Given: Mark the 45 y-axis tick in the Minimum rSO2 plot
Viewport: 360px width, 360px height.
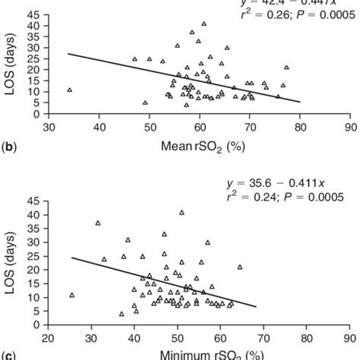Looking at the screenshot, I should (x=36, y=202).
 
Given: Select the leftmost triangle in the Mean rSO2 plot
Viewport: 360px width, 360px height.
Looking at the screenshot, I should (x=69, y=90).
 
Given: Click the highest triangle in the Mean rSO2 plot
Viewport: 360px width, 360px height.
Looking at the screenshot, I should (x=203, y=24).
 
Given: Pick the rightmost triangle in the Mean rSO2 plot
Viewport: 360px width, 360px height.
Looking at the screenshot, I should (x=286, y=68).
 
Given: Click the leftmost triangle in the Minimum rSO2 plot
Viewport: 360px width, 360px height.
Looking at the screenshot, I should (x=71, y=295).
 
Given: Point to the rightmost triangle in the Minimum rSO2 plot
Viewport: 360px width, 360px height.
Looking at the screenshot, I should (x=240, y=267).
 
